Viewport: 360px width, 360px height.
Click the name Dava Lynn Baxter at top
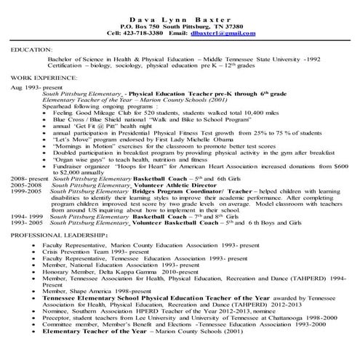[x=179, y=16]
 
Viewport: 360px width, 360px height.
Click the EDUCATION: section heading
[x=31, y=50]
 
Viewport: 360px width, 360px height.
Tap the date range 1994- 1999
[x=26, y=217]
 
